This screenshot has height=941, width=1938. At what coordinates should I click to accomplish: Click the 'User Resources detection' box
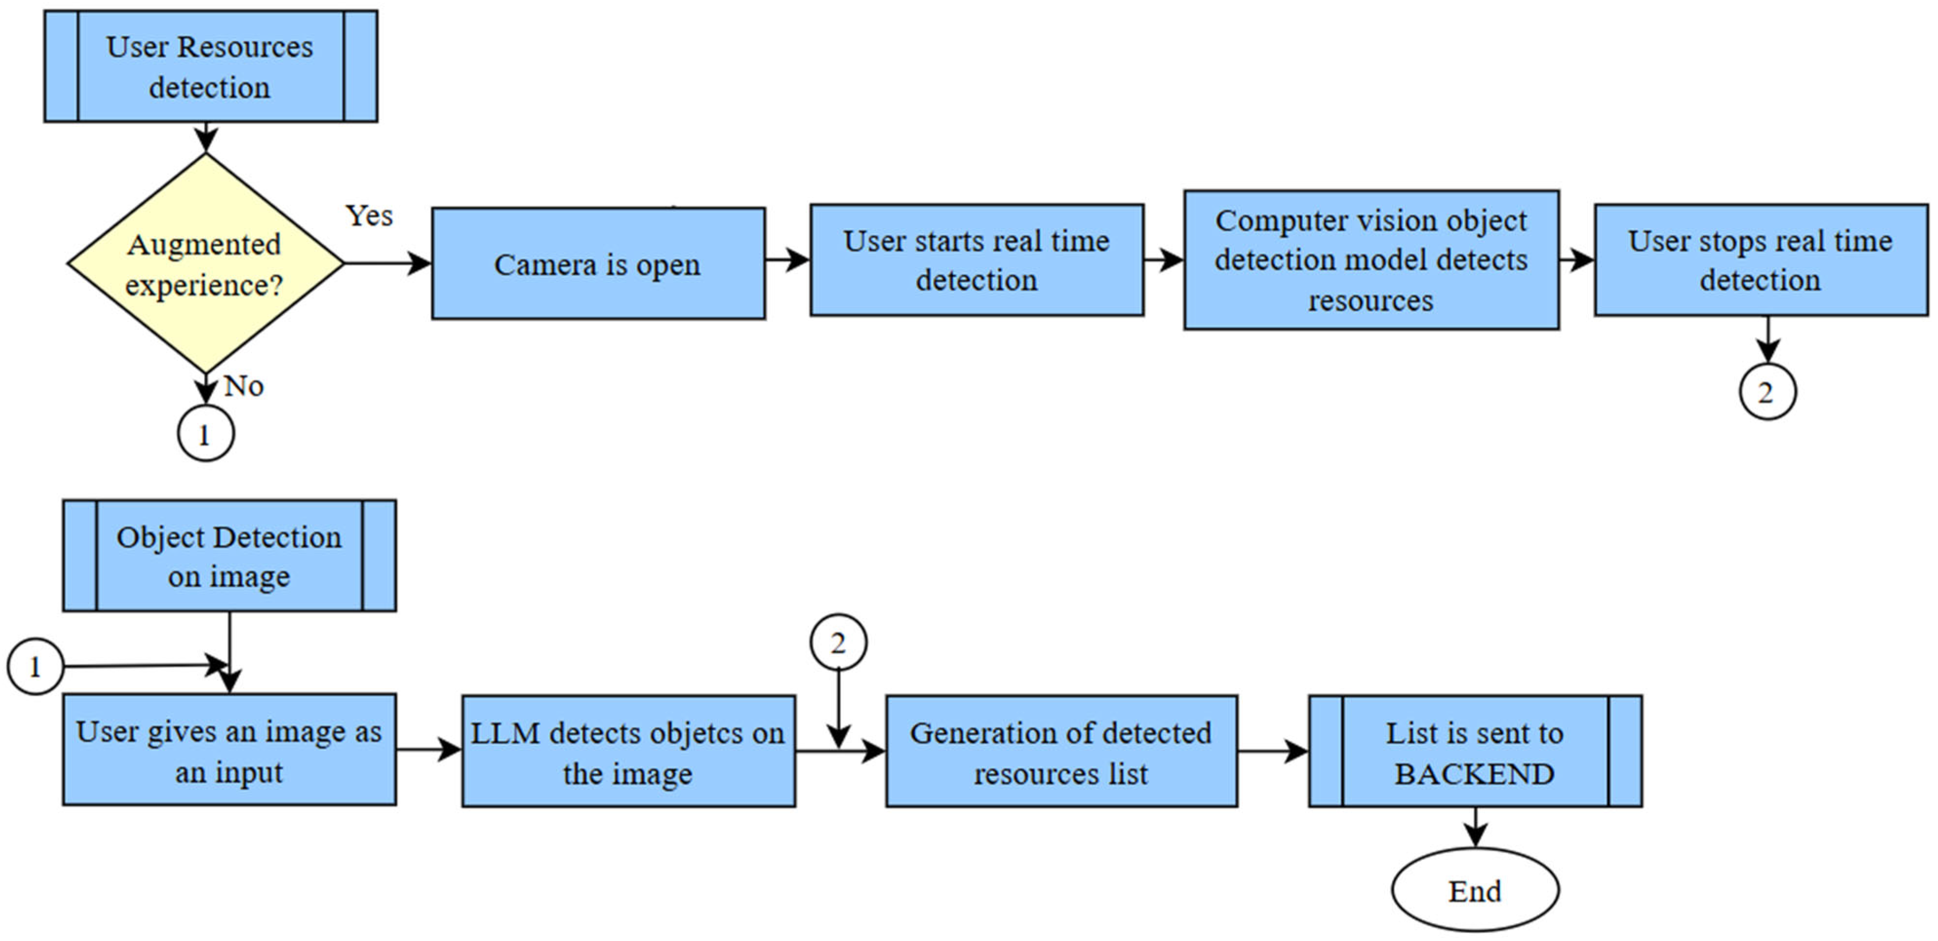(210, 66)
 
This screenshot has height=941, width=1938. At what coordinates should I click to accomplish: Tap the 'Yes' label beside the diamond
(369, 216)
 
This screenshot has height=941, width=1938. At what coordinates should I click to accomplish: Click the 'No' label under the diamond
(244, 386)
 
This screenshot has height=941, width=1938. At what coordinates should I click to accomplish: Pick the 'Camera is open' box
(598, 264)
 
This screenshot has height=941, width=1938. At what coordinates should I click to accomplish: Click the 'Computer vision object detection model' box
(1371, 260)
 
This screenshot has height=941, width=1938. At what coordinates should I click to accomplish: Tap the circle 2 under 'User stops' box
(1766, 392)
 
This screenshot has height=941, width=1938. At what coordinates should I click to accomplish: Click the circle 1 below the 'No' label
(205, 434)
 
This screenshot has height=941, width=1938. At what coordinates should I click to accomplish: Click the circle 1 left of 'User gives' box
(35, 667)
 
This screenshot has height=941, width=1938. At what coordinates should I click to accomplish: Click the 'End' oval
(1474, 891)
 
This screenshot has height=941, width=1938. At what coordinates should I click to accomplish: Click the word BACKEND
(1474, 774)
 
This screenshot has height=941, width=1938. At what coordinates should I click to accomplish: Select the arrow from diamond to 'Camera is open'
(388, 263)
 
